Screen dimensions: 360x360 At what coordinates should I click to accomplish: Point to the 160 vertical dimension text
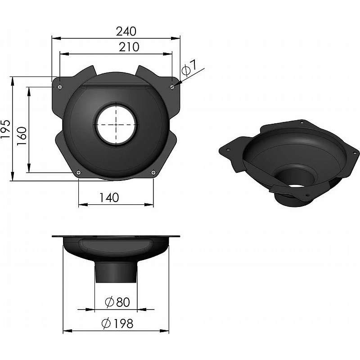click(22, 134)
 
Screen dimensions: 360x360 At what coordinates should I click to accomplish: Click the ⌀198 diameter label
click(118, 324)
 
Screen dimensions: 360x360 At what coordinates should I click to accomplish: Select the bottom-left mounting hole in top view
click(79, 171)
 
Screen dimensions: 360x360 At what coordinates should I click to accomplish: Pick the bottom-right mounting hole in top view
click(153, 171)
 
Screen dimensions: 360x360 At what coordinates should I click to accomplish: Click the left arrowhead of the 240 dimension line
click(54, 38)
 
